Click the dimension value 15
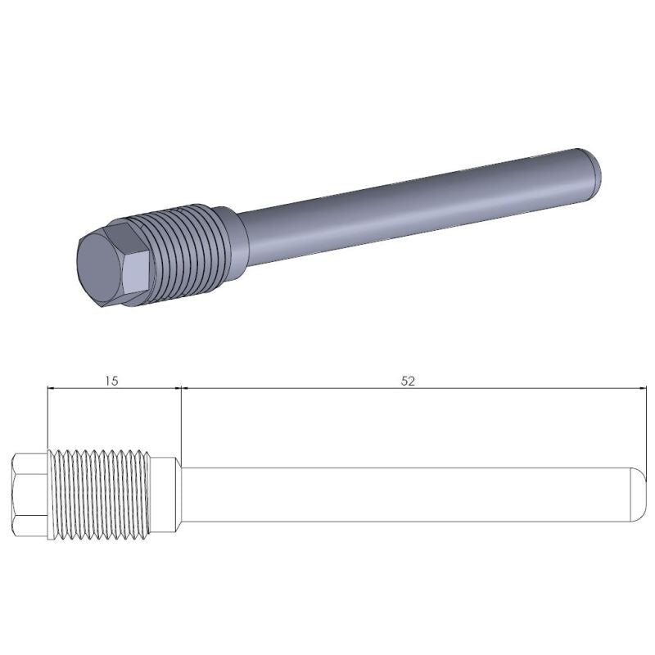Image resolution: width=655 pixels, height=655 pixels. tap(112, 381)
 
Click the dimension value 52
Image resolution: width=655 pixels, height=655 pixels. tap(409, 381)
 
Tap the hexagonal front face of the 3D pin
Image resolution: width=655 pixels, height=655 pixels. tap(102, 269)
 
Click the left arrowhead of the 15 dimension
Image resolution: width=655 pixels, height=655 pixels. tap(53, 389)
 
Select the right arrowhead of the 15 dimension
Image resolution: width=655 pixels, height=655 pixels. tap(174, 389)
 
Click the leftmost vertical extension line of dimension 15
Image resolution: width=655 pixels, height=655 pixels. tap(48, 418)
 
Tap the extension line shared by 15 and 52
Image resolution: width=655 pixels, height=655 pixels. tap(180, 426)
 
